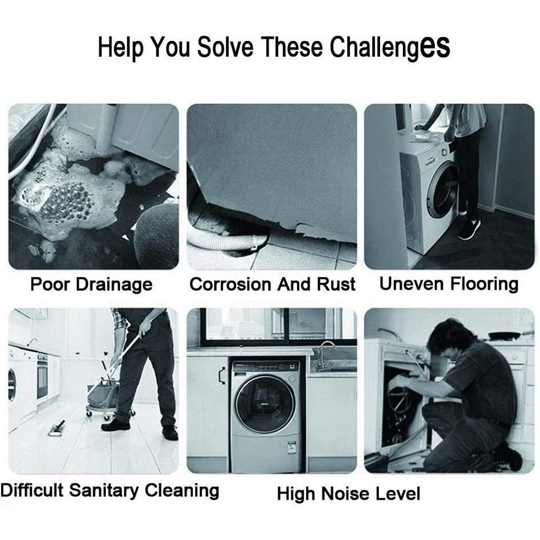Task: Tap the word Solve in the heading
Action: (224, 48)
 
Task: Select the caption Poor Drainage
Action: (91, 285)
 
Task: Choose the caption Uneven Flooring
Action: (449, 283)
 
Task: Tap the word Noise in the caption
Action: (346, 494)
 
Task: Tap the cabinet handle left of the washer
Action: (221, 374)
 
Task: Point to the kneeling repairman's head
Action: (444, 337)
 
